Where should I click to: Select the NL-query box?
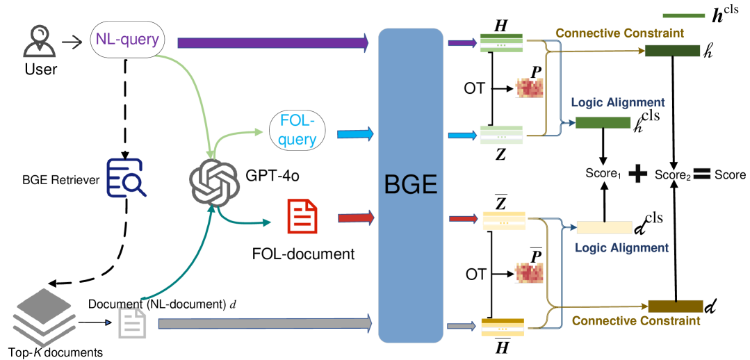pos(127,40)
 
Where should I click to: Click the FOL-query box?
pos(297,130)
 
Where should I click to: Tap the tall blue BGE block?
pos(410,185)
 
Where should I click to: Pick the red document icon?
pos(302,216)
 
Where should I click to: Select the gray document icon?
pos(132,323)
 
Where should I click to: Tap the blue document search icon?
pos(126,178)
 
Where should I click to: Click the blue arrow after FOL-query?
pos(355,134)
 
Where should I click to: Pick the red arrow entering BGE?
pos(356,218)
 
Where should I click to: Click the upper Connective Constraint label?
pos(619,33)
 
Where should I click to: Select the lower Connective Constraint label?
pos(635,320)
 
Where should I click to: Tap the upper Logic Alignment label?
pos(618,103)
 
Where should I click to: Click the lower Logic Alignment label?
pos(621,247)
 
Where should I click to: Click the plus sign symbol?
pos(637,173)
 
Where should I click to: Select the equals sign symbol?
pos(701,173)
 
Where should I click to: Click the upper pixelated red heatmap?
pos(529,88)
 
